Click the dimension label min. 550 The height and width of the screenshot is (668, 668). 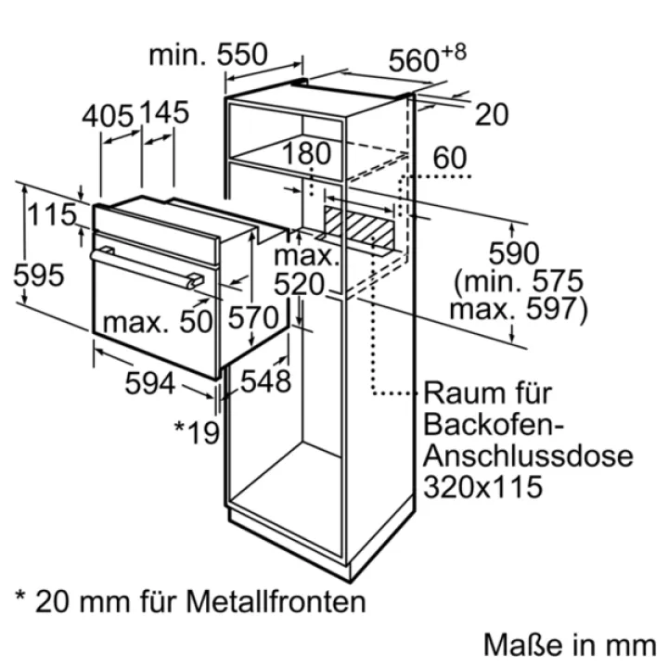[209, 55]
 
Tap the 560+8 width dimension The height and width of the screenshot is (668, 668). [428, 58]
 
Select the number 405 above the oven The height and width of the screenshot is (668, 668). [108, 116]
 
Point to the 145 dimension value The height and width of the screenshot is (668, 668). [164, 112]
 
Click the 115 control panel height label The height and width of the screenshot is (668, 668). [52, 214]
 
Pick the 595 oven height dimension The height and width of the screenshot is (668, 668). [39, 276]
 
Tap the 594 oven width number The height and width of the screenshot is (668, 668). [150, 383]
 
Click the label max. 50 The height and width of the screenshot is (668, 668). [158, 322]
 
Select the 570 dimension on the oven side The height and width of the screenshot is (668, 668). [253, 318]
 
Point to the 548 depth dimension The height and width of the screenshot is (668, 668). [266, 381]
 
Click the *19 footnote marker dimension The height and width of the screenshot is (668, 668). [197, 432]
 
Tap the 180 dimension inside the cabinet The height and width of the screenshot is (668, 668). [306, 153]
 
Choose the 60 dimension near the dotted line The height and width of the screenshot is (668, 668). [450, 158]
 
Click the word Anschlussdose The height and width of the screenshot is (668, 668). [528, 456]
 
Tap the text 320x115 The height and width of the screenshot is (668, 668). [482, 487]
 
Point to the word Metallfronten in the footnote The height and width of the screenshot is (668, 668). [276, 601]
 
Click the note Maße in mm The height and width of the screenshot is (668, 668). [570, 645]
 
